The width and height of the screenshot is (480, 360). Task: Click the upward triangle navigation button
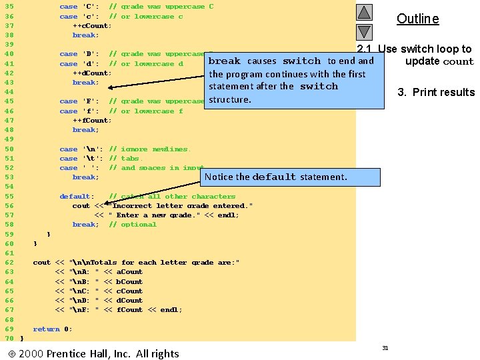point(364,13)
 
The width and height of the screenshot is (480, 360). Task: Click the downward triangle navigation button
point(364,32)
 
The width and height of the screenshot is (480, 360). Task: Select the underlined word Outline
point(417,19)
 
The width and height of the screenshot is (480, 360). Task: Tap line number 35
point(9,7)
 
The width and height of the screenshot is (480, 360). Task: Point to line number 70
point(9,338)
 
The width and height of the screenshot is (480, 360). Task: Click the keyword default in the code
point(75,197)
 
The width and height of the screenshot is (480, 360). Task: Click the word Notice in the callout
point(219,177)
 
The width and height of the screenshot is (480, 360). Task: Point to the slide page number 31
point(385,348)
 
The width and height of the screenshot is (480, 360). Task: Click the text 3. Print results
point(436,92)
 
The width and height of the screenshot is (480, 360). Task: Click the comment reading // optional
point(133,225)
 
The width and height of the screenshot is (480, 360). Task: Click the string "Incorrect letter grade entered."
point(181,206)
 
